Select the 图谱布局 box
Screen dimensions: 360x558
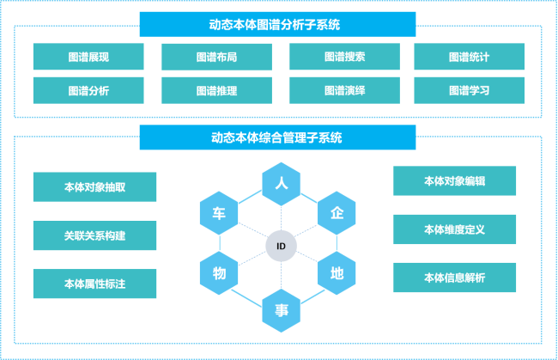(216, 57)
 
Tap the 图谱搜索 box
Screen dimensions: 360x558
(344, 57)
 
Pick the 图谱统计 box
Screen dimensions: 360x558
(469, 57)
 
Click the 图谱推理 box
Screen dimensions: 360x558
(216, 90)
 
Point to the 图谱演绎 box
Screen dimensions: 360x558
(344, 90)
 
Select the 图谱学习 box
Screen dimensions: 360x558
(469, 90)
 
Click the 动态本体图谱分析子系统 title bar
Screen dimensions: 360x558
(277, 24)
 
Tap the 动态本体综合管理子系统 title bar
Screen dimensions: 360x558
(277, 137)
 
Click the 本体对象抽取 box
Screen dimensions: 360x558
(94, 186)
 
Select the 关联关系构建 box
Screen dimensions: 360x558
(94, 235)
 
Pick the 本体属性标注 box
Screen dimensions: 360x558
(94, 284)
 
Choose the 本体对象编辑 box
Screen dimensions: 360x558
(454, 181)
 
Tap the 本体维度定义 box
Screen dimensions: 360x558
(454, 229)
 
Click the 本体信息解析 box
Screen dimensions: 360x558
(454, 278)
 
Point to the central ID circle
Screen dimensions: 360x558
(281, 247)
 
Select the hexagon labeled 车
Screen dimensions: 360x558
(219, 213)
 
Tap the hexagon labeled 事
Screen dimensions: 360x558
(281, 310)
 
